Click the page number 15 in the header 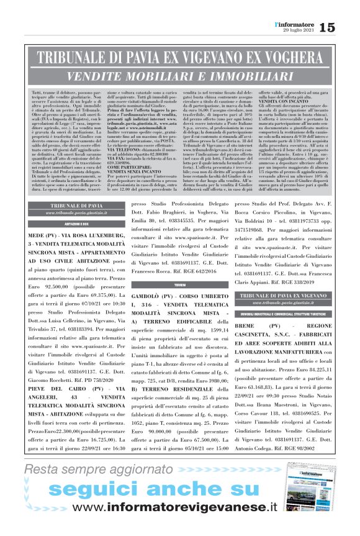click(344, 27)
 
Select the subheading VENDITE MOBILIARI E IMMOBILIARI click(180, 75)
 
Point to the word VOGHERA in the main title click(291, 59)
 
